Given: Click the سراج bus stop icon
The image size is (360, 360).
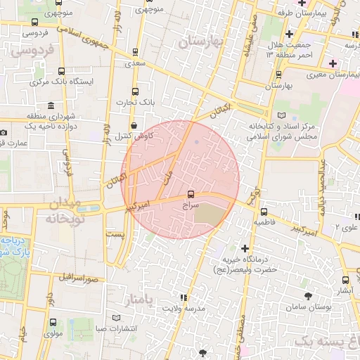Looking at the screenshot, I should click(x=191, y=195).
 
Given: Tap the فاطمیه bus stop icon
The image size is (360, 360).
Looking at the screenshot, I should click(x=264, y=212).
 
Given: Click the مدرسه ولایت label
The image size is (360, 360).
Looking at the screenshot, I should click(x=184, y=309).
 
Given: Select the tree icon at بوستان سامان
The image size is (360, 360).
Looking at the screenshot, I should click(x=307, y=297).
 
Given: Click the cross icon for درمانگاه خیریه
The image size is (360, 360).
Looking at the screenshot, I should click(x=245, y=248).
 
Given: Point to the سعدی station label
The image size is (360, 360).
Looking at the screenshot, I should click(x=134, y=63).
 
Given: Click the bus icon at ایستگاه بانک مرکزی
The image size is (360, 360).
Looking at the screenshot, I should click(x=62, y=71).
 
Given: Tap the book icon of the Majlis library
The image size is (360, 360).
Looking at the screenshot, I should click(x=283, y=115).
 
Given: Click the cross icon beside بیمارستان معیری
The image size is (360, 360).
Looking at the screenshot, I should click(x=333, y=63).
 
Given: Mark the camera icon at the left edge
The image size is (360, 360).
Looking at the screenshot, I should click(x=4, y=133).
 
